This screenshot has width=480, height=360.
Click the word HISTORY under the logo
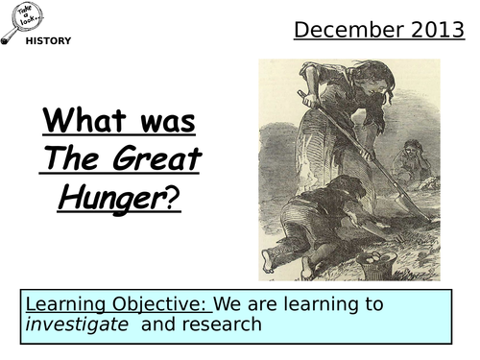point(47,41)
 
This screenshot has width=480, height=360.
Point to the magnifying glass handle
point(9,36)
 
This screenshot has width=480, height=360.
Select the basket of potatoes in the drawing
point(375,263)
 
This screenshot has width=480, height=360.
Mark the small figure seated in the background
point(413,158)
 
